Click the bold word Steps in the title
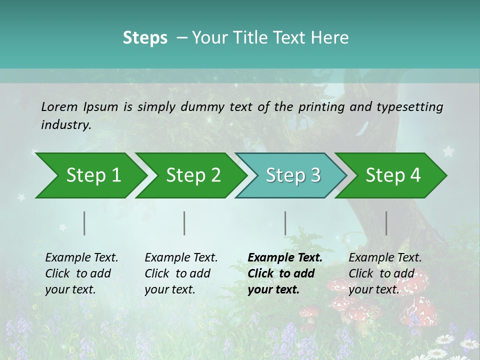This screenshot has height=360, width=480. click(x=145, y=38)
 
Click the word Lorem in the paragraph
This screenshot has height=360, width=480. click(x=59, y=106)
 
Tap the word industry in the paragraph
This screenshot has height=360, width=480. click(x=66, y=124)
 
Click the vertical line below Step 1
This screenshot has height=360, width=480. click(x=84, y=223)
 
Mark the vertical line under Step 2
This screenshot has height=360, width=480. click(x=184, y=223)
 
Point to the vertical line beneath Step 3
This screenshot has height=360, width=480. click(x=285, y=223)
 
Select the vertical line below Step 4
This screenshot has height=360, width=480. click(x=386, y=223)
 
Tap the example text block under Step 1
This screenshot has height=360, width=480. click(x=81, y=273)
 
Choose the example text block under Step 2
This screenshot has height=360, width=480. click(x=181, y=273)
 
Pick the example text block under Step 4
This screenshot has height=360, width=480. click(x=385, y=273)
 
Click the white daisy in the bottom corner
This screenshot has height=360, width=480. click(x=469, y=344)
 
